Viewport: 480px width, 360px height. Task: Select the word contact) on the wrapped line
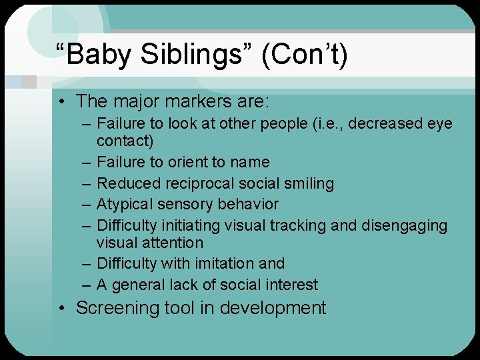pos(125,141)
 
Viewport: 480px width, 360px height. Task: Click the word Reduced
pos(125,183)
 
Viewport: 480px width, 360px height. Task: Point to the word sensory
pos(178,204)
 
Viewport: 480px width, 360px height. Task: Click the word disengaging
pos(404,225)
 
